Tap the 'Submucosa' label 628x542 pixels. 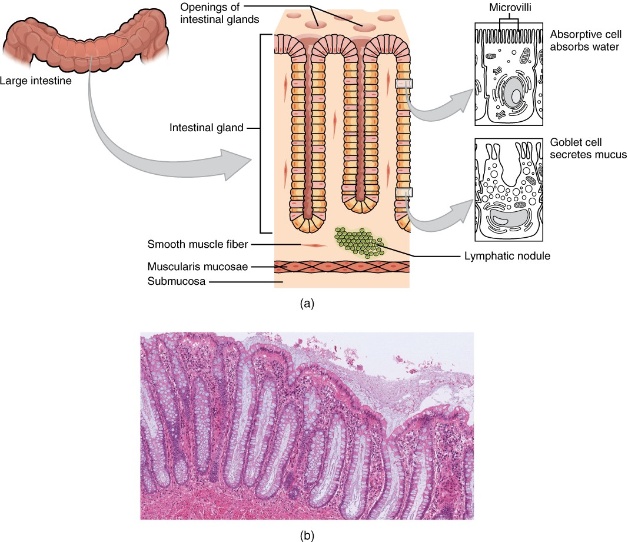point(177,281)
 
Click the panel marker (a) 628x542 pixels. point(307,304)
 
